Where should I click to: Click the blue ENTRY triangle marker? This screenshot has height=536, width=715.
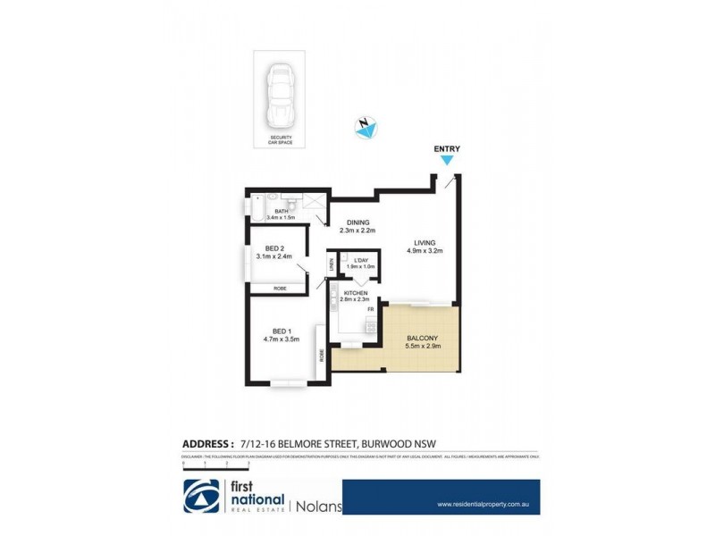[x=448, y=161]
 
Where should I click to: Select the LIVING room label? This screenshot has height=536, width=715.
[x=425, y=242]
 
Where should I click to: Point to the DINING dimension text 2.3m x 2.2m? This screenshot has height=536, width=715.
[x=357, y=230]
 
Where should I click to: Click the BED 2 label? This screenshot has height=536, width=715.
[x=275, y=248]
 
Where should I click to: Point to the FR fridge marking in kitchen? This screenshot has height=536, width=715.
[x=369, y=309]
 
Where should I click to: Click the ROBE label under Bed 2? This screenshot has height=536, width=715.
[x=280, y=288]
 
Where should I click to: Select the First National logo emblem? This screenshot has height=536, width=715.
[x=202, y=497]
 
